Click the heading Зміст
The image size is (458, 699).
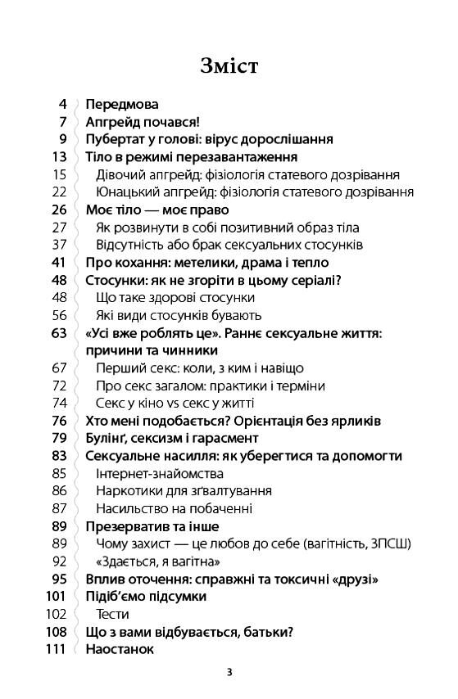[229, 65]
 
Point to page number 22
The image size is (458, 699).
[58, 192]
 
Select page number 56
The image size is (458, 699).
[58, 315]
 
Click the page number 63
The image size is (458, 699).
[58, 333]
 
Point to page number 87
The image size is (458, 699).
[58, 508]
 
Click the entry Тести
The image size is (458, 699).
[113, 614]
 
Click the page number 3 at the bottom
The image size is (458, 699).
[229, 673]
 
